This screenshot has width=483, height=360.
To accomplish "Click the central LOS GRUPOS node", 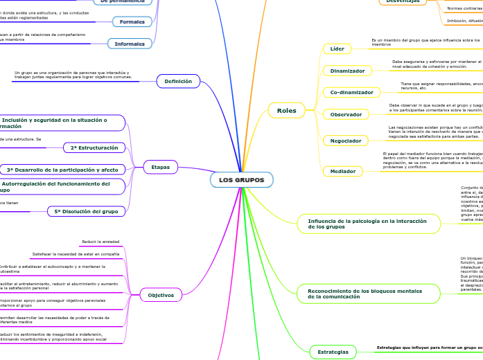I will tap(241, 180).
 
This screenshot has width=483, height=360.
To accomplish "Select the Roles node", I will tap(286, 110).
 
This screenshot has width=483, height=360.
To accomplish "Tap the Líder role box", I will tap(337, 48).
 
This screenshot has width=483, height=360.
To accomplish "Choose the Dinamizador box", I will tap(347, 71).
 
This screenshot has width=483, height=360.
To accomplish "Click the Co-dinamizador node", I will tap(351, 92).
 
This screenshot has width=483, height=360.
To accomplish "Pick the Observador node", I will tap(346, 114).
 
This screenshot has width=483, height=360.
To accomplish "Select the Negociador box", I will tap(346, 141).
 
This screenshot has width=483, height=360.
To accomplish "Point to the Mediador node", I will tap(342, 170).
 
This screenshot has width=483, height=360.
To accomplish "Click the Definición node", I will tap(178, 82).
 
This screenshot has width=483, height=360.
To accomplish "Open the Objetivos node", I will tap(161, 295).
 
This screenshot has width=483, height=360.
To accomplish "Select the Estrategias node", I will tap(333, 352).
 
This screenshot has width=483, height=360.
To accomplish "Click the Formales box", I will tap(132, 21).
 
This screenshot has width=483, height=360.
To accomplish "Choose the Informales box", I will tap(130, 44).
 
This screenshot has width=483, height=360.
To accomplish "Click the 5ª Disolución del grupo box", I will tap(86, 211).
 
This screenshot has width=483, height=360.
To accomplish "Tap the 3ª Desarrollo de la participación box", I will tap(62, 169).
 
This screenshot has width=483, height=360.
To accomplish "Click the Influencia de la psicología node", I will tap(368, 223).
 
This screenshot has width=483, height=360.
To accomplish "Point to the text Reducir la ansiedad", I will tap(100, 241).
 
